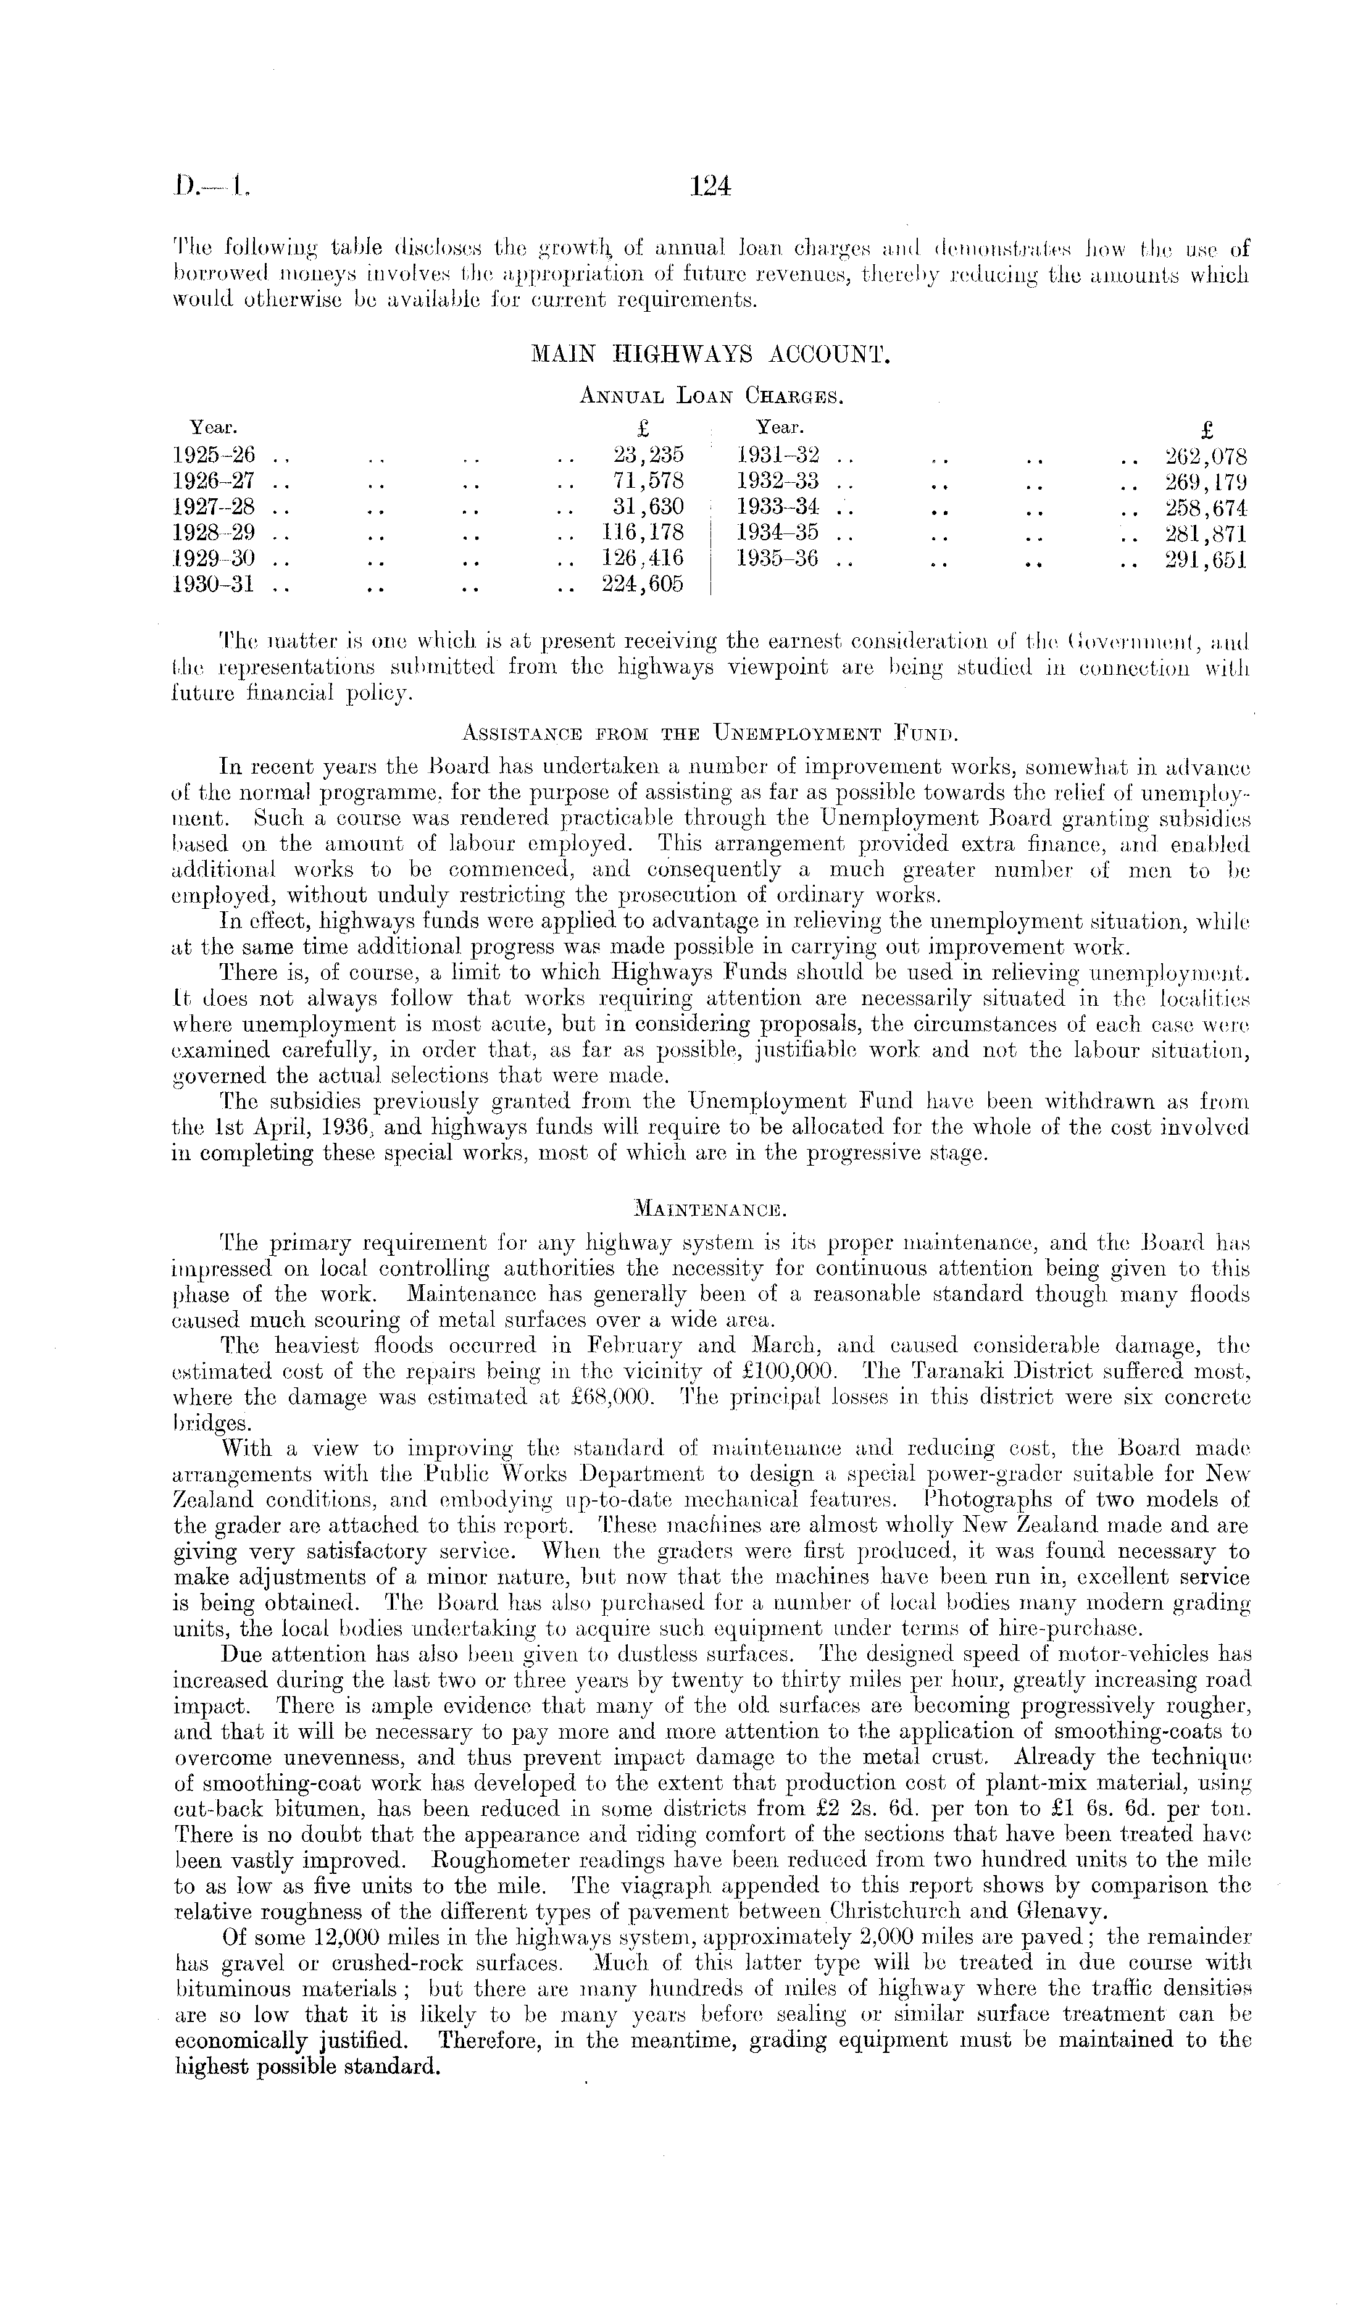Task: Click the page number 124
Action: (x=710, y=187)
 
